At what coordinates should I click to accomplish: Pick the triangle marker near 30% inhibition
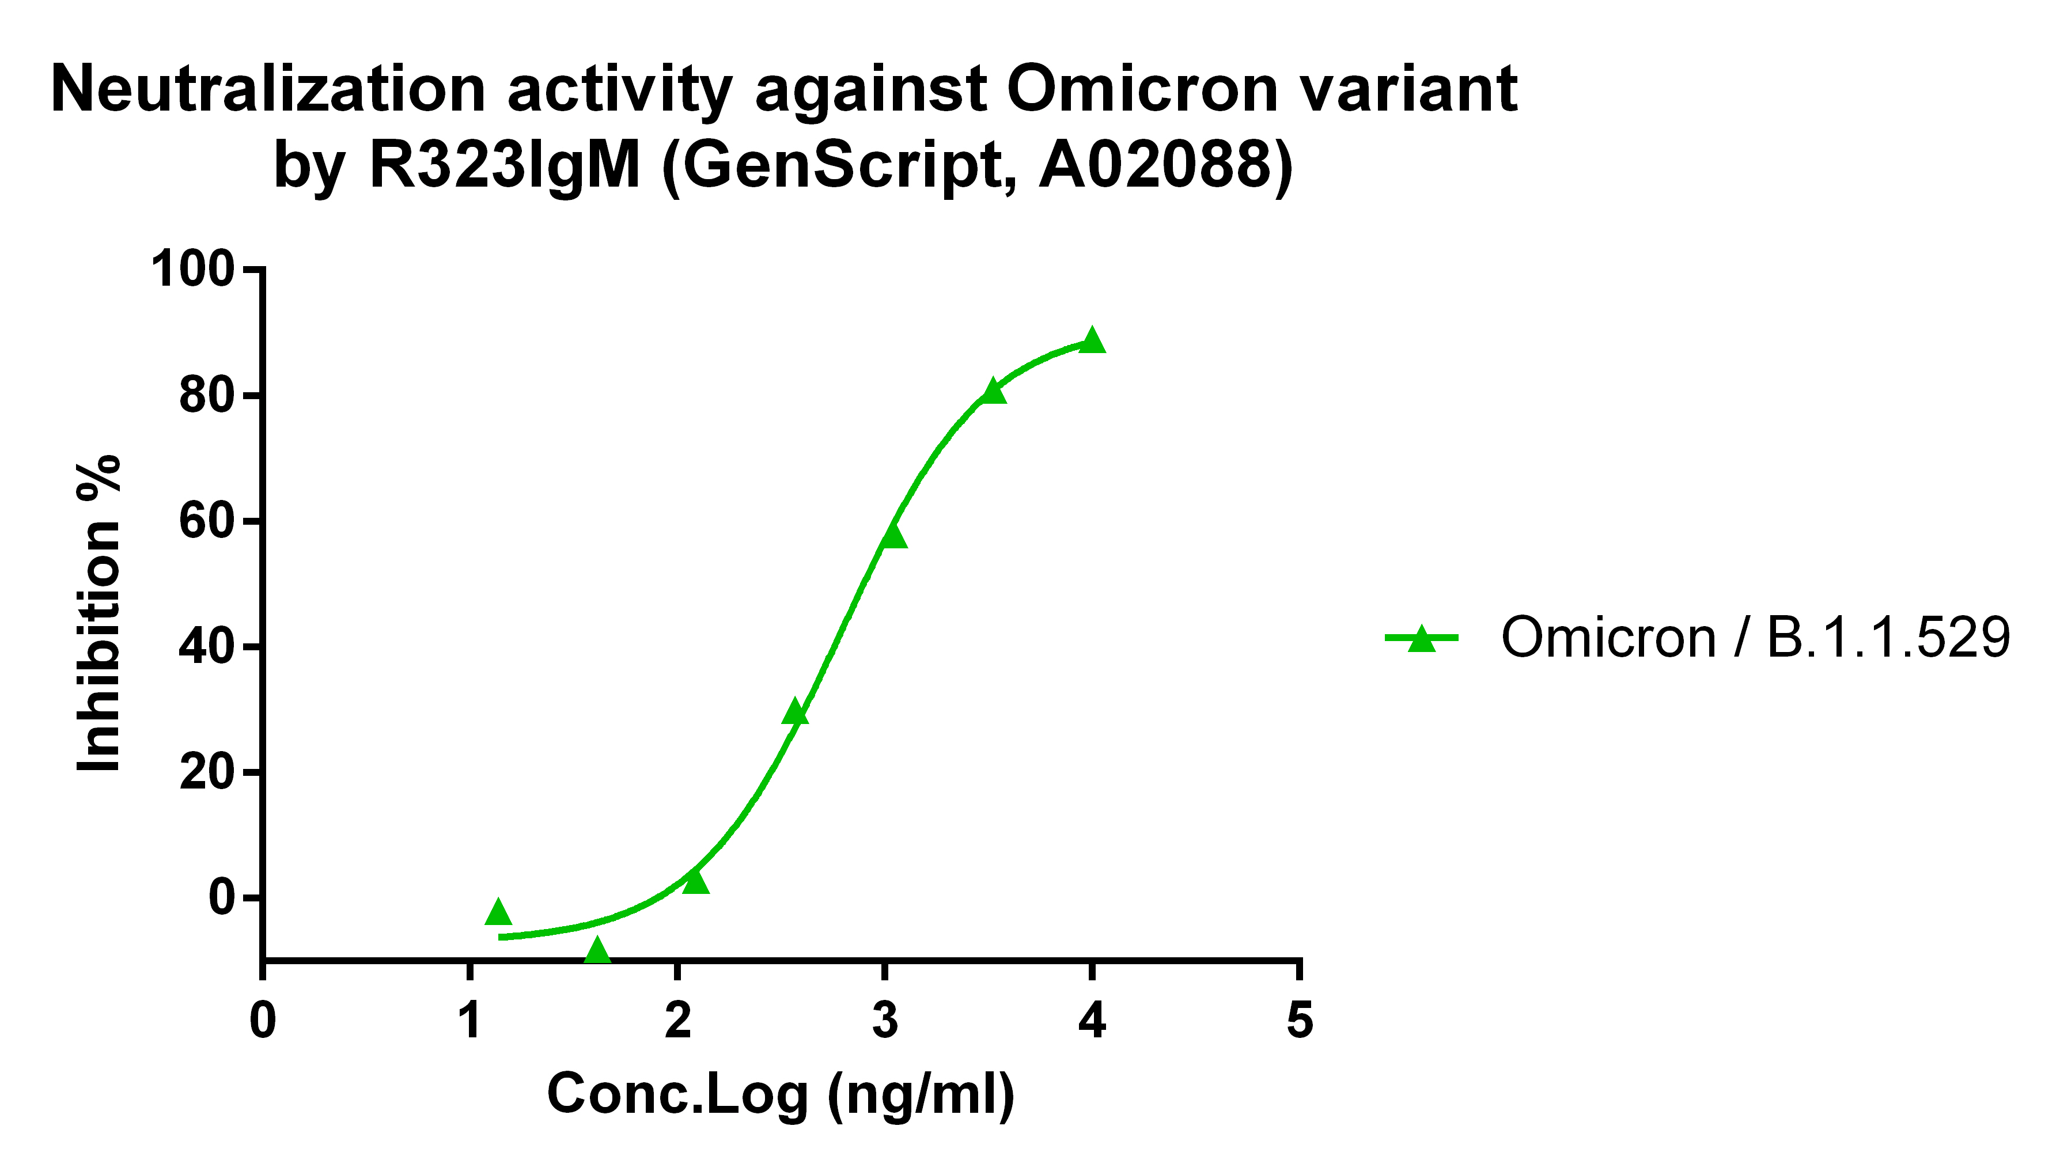795,712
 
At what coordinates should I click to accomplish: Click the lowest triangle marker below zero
597,950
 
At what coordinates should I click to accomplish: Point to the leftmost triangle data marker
499,912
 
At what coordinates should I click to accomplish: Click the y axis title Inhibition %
99,613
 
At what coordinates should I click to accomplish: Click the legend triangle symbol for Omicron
1422,638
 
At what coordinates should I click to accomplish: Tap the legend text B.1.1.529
1888,638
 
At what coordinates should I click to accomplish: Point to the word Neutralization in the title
268,89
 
